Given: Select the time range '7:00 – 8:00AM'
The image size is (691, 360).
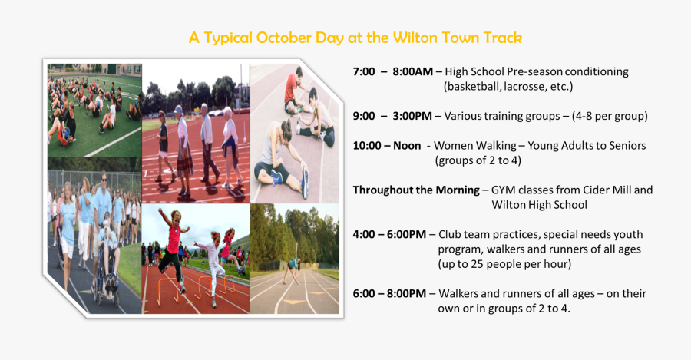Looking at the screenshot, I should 392,71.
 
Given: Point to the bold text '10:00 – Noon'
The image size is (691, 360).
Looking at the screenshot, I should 387,145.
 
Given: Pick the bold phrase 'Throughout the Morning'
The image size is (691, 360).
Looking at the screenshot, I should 415,190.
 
